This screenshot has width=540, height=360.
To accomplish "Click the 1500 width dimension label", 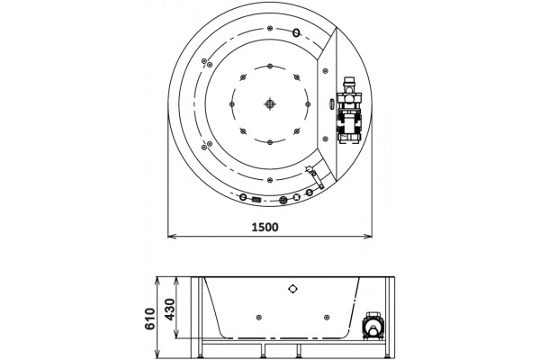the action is (265, 228).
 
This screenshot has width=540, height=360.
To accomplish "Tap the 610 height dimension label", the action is (149, 319).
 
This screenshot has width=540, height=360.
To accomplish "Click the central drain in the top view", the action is (270, 103).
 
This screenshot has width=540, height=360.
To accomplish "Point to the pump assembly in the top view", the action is (349, 110).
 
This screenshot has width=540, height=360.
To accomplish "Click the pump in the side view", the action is (372, 326).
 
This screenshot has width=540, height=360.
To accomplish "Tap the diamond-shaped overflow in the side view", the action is (292, 289).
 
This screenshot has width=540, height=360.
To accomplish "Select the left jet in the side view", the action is (259, 318).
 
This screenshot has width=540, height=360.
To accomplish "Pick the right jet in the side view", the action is (327, 318).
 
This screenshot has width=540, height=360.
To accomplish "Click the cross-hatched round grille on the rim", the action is (283, 200).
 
